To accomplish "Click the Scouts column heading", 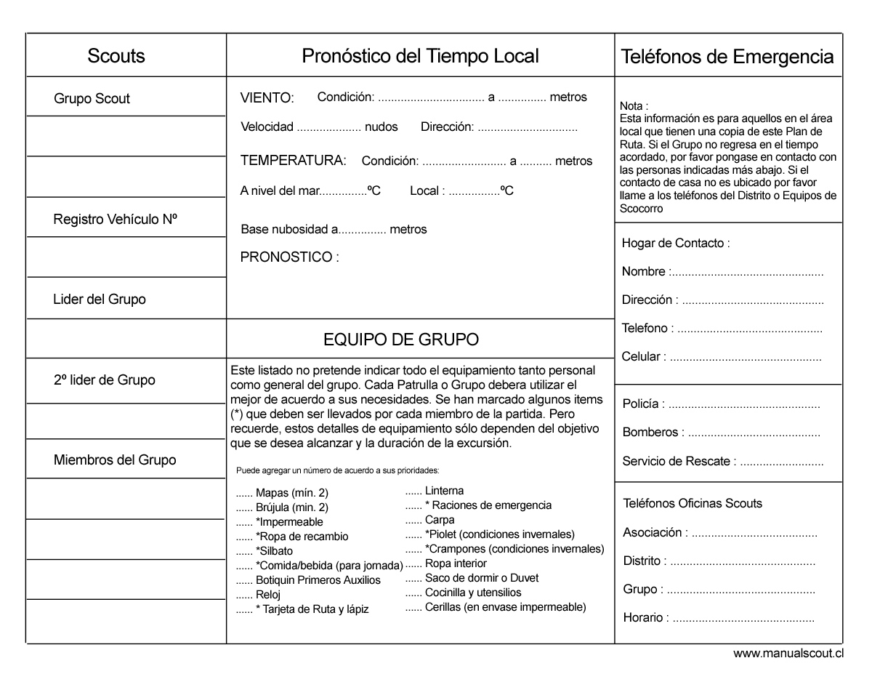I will click(116, 56).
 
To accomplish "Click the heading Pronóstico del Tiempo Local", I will click(420, 56).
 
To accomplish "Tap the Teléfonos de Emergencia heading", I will click(727, 56).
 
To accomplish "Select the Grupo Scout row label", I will click(92, 99).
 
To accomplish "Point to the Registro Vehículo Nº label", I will click(116, 219).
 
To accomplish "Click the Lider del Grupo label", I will click(100, 299).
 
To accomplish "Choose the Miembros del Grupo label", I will click(115, 460).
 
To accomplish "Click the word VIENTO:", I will click(267, 98).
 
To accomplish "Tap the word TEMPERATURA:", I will click(293, 161).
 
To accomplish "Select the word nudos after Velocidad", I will click(381, 127).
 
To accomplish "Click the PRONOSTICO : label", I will click(289, 257).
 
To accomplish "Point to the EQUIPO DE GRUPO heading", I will click(400, 340).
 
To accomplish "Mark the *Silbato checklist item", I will click(274, 551).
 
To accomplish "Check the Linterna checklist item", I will click(444, 491).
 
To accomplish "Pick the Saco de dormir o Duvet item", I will click(482, 578).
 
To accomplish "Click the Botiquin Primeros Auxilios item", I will click(318, 580).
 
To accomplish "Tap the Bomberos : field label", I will click(653, 433).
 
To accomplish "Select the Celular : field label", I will click(644, 357).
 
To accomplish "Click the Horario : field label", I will click(646, 618).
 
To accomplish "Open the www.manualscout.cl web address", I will click(788, 654).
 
